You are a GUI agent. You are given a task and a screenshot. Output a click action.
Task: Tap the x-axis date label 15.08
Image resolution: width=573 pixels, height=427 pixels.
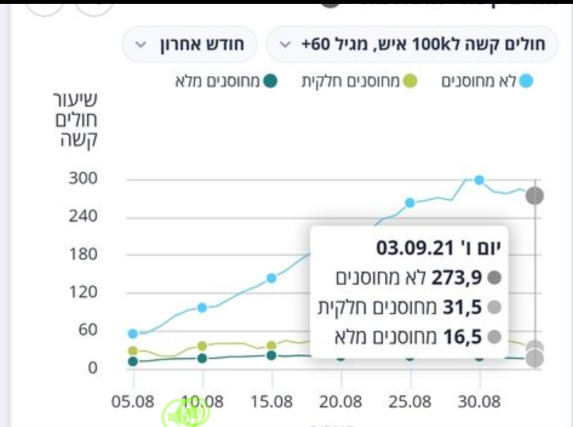tap(271, 403)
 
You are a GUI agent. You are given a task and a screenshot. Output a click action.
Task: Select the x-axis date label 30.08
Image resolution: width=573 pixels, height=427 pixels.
tap(480, 403)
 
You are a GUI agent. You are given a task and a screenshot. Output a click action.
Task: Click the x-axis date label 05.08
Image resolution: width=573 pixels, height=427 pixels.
tap(133, 403)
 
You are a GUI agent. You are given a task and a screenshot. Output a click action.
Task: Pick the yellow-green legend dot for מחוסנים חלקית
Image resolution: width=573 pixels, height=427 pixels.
tap(410, 82)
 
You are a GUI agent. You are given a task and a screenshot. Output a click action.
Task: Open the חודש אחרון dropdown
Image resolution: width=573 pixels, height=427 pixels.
tap(190, 45)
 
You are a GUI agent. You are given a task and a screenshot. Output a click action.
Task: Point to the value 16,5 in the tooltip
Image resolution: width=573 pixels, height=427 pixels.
tap(463, 338)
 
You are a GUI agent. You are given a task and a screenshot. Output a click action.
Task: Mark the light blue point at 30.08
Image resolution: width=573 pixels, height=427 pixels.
tap(479, 180)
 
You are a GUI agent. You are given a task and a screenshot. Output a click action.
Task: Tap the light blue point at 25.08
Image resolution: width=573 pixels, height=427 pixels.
tap(410, 203)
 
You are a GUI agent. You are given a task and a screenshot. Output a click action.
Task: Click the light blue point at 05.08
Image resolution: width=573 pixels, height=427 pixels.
tap(133, 334)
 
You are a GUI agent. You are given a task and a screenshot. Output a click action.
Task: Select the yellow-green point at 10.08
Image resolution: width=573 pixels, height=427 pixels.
tap(202, 346)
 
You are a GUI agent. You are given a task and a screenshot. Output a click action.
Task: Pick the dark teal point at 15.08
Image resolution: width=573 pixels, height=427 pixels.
tap(271, 355)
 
